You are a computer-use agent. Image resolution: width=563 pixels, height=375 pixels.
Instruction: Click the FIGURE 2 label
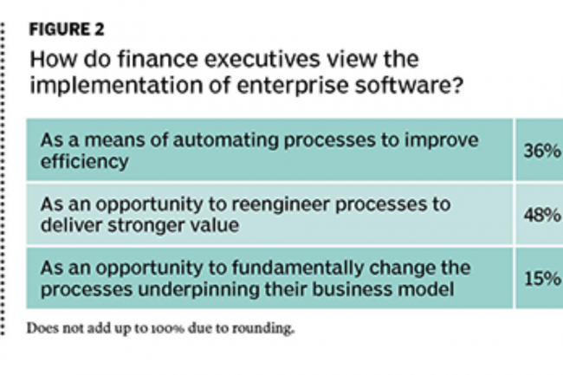pos(67,29)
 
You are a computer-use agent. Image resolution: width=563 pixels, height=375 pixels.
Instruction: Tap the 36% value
pos(542,151)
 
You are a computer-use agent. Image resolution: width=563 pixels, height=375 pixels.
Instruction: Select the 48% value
pos(542,215)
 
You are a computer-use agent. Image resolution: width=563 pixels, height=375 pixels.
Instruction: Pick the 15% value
pos(542,279)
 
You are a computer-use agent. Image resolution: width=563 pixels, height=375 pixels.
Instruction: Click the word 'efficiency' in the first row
pos(84,161)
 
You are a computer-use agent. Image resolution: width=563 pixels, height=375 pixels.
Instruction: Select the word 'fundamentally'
pos(298,268)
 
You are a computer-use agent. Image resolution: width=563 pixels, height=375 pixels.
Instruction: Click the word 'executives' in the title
pos(262,59)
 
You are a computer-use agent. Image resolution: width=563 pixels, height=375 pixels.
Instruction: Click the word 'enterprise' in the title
pos(293,86)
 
